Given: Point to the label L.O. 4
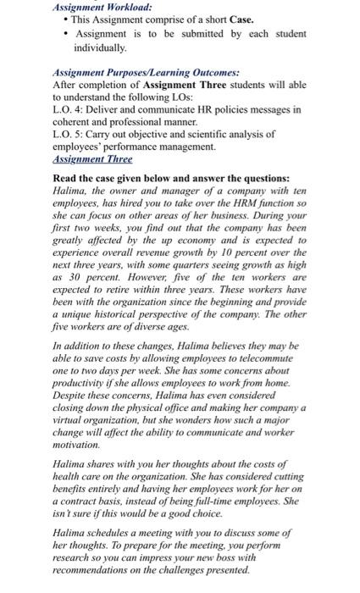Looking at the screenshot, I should click(x=69, y=110).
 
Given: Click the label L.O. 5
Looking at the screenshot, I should click(x=69, y=134).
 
